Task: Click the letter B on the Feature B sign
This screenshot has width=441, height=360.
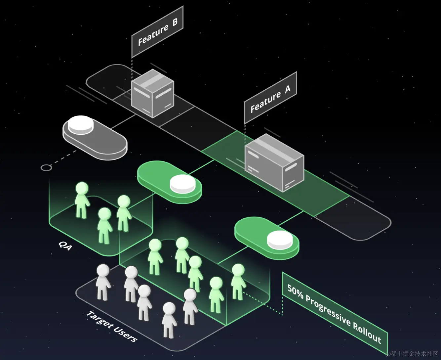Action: pyautogui.click(x=175, y=22)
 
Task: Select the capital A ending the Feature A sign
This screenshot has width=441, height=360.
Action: pyautogui.click(x=287, y=89)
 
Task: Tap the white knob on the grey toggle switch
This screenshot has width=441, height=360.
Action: pyautogui.click(x=81, y=124)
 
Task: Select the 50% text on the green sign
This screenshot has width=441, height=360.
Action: pyautogui.click(x=295, y=292)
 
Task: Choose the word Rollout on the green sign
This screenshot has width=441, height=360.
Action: pyautogui.click(x=367, y=333)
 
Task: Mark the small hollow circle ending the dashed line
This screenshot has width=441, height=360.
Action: pyautogui.click(x=46, y=167)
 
